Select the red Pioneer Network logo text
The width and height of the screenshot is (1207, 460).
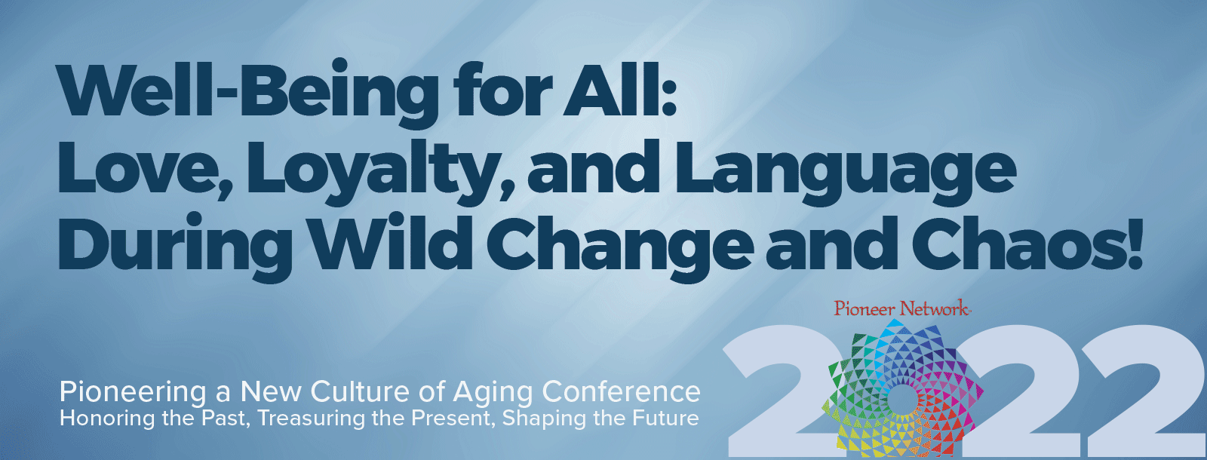click(902, 309)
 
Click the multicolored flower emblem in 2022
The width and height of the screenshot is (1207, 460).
click(903, 388)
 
